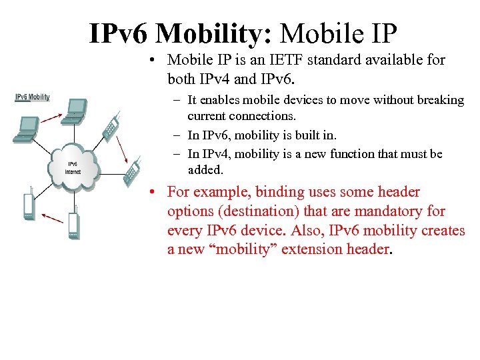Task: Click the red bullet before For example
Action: coord(153,193)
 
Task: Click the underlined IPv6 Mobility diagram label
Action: coord(32,97)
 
